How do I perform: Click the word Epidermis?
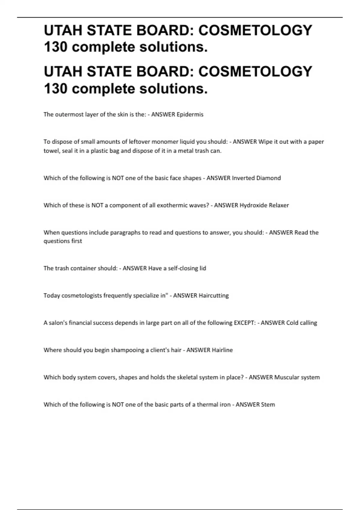point(190,114)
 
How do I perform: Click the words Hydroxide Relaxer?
point(264,205)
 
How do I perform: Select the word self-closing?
point(180,268)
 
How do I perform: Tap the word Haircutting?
point(214,295)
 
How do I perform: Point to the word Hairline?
point(222,350)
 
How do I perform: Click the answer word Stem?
point(268,404)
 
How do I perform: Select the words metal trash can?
point(199,151)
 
